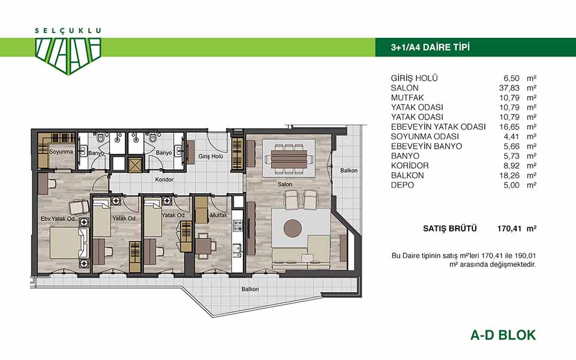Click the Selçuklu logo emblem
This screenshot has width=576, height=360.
68,56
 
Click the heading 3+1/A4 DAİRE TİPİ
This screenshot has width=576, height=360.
430,47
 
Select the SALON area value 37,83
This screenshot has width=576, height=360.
507,88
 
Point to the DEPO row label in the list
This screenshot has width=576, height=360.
402,185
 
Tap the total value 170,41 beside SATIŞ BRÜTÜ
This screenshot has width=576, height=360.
509,229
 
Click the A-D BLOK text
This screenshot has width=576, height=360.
503,335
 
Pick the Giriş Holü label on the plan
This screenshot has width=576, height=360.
211,157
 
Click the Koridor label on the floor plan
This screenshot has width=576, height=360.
164,179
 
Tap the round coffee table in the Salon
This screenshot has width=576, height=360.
293,229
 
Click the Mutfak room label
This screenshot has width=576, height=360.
219,215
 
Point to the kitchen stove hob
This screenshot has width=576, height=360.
238,225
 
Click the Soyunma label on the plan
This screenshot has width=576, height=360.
61,151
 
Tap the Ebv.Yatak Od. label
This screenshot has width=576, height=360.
58,218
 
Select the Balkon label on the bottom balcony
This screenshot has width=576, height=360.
250,289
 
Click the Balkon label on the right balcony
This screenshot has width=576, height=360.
349,170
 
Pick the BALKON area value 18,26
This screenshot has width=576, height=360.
509,175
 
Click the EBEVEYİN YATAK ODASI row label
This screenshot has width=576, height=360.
438,127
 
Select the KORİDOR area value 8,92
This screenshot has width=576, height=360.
512,166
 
